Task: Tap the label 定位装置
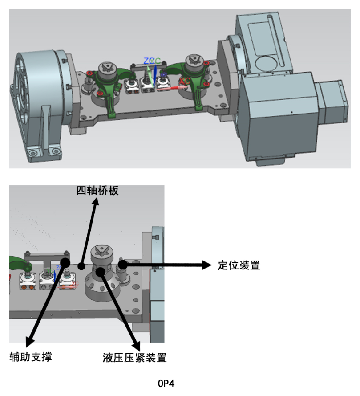(239, 265)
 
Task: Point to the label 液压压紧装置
(134, 357)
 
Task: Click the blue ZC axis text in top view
(149, 61)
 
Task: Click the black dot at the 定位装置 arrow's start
(121, 265)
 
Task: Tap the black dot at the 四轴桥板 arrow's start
(81, 266)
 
